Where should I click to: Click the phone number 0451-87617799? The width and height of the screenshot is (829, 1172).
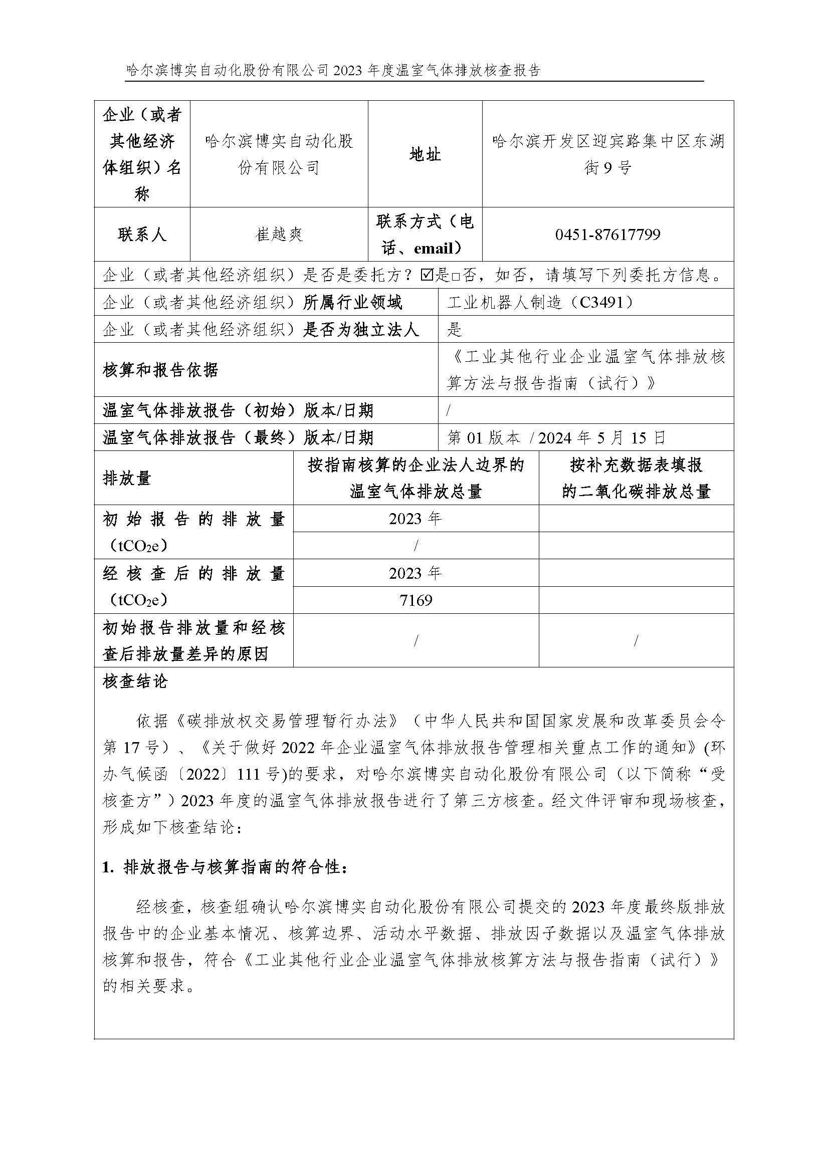coord(607,235)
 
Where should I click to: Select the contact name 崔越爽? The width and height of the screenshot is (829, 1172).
coord(279,235)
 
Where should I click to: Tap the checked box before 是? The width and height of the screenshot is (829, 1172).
coord(427,276)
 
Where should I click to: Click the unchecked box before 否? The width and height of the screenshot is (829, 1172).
coord(455,276)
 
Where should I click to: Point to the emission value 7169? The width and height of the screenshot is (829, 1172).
coord(416,600)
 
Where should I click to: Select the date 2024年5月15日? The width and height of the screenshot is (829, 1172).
coord(602,437)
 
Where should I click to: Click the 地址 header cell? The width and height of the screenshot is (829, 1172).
coord(425,154)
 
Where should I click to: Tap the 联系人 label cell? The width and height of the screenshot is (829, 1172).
coord(142,235)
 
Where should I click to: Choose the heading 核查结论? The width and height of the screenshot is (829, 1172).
coord(135,681)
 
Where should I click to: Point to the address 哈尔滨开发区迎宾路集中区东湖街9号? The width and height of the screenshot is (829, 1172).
coord(607,154)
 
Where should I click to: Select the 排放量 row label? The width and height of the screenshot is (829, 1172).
coord(127,479)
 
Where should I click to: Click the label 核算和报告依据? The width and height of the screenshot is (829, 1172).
coord(160,370)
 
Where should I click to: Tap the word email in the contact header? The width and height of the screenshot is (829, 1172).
coord(434,249)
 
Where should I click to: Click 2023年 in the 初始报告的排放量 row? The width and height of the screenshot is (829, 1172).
coord(416,519)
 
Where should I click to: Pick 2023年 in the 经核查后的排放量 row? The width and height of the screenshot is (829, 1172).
coord(416,573)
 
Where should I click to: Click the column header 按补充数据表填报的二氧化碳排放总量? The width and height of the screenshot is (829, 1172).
coord(636,479)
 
